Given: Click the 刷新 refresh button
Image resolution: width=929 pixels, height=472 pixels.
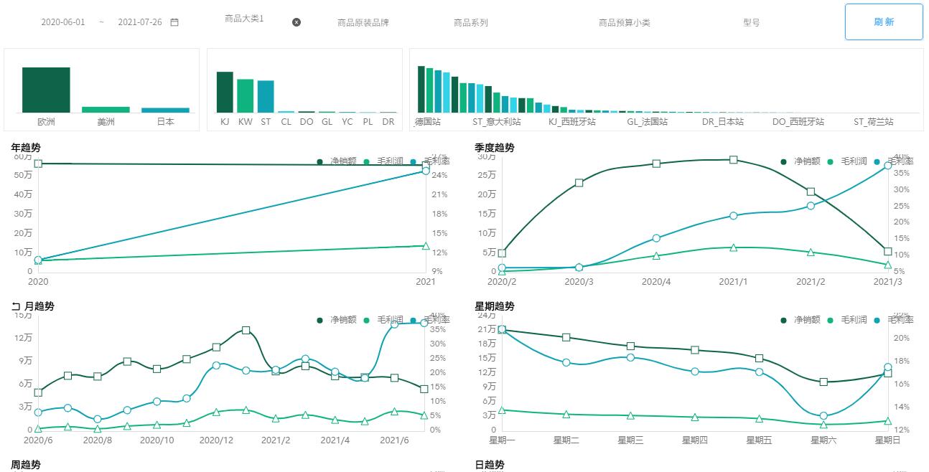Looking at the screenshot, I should [884, 22].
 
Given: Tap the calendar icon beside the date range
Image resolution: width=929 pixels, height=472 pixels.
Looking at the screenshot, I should [174, 22].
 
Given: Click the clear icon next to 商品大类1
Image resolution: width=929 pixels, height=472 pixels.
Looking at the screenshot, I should [297, 22].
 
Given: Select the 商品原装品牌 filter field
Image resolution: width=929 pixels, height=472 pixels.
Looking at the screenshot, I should [363, 23].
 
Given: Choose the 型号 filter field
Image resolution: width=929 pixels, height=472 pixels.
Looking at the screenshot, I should [751, 23].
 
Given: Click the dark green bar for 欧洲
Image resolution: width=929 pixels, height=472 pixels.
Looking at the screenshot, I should [46, 90].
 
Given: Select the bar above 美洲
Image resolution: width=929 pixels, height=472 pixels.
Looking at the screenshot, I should [106, 109].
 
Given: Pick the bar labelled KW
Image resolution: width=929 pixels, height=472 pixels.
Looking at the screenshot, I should [246, 95].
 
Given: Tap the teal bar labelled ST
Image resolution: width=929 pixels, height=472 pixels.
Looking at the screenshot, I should [266, 96].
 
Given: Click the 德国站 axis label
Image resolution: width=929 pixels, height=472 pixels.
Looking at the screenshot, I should [428, 122].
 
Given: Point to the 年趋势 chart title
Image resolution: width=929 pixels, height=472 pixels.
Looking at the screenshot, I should [26, 148].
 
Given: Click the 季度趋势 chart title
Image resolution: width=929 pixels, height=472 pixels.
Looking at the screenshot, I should [495, 148].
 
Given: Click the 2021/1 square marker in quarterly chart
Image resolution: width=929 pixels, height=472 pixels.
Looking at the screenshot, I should [734, 160].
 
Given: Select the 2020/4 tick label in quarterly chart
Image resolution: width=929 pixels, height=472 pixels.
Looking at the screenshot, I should [656, 282].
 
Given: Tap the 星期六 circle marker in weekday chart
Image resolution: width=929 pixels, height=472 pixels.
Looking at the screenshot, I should [823, 415].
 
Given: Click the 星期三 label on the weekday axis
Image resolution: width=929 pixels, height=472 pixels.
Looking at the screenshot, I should [630, 440].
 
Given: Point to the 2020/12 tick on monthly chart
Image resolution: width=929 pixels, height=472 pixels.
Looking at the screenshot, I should [215, 440].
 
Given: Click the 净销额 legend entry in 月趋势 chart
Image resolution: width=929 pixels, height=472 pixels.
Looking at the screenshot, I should [337, 320].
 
